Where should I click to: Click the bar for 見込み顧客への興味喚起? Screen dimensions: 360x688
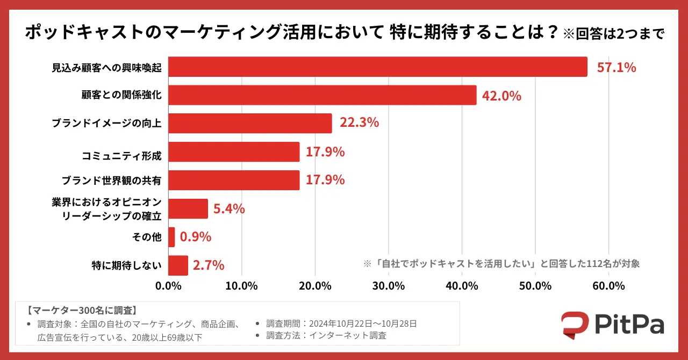(x=377, y=67)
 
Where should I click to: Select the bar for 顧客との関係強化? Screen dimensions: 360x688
(x=322, y=96)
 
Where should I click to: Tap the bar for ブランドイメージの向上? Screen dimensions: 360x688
(x=250, y=123)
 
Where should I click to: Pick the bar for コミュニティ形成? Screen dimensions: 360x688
(x=234, y=152)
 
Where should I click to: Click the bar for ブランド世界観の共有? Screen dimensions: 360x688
(x=234, y=180)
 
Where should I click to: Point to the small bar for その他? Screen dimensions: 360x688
(x=171, y=237)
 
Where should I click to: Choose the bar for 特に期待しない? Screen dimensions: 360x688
(x=178, y=265)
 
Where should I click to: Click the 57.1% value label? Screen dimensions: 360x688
(x=617, y=68)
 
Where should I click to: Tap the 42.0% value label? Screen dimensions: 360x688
(x=502, y=96)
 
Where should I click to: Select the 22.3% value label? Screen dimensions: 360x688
(x=359, y=123)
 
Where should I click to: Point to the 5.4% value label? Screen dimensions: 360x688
(x=229, y=209)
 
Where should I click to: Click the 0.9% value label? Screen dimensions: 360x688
(x=196, y=237)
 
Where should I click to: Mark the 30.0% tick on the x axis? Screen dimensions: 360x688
(x=388, y=286)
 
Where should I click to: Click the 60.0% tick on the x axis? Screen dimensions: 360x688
(x=608, y=286)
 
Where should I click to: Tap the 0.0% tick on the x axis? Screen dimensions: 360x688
(x=169, y=286)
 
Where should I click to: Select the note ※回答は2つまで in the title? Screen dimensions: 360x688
(x=613, y=34)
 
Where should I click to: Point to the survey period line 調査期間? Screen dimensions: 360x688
(x=341, y=323)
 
